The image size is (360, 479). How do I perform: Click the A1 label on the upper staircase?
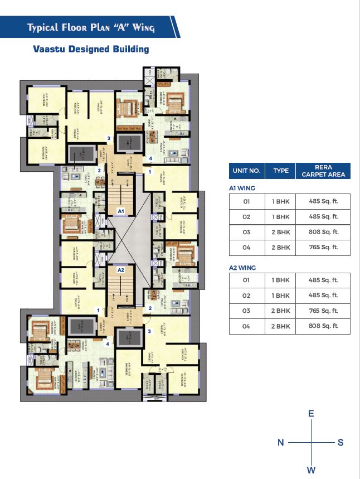click(120, 211)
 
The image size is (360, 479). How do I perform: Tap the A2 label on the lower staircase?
click(120, 270)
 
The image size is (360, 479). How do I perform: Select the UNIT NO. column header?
click(246, 170)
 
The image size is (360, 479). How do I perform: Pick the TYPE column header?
click(281, 170)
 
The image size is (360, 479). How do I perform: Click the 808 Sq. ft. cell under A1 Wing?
click(323, 232)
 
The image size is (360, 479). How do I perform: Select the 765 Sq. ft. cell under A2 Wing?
click(323, 311)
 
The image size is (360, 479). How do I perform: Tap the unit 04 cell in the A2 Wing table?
click(246, 326)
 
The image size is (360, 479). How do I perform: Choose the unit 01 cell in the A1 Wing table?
click(246, 201)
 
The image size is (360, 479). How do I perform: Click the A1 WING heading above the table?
click(242, 188)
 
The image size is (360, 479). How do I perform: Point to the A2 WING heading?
click(242, 268)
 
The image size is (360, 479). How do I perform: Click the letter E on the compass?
click(311, 413)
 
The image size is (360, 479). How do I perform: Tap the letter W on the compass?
click(311, 470)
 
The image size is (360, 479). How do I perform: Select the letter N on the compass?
click(281, 442)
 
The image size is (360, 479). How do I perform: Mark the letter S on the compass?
click(340, 442)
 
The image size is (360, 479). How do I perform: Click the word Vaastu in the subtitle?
click(51, 49)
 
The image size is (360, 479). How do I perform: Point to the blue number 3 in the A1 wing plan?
click(109, 138)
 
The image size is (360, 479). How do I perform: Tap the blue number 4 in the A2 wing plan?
click(108, 344)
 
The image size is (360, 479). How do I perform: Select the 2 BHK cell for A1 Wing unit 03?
click(281, 232)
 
